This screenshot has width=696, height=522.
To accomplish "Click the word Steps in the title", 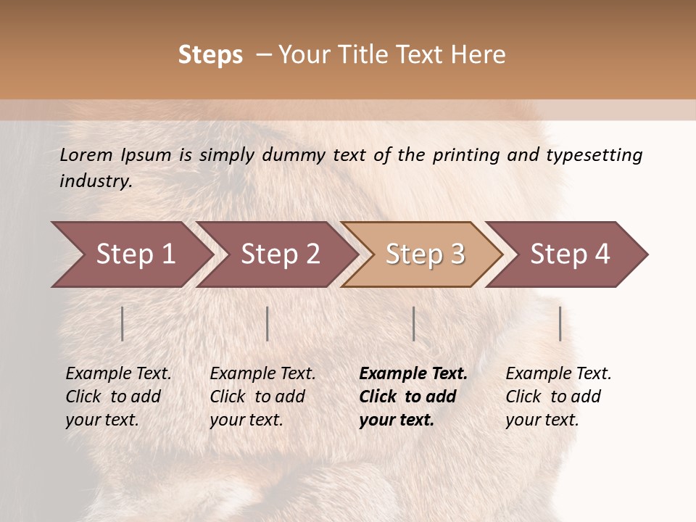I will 210,55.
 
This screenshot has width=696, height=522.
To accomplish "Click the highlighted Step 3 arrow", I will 425,254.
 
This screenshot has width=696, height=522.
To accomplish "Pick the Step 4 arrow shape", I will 570,254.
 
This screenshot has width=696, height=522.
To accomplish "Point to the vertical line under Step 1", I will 123,323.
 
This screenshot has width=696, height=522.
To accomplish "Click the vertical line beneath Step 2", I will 268,323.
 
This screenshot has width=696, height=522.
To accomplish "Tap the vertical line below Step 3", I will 414,323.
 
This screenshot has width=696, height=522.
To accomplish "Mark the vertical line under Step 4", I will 560,323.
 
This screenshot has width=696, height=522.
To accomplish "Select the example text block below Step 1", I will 118,396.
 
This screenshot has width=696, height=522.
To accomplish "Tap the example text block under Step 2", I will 262,396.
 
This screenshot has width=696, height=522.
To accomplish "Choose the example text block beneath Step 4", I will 558,396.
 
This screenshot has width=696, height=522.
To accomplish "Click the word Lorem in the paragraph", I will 86,155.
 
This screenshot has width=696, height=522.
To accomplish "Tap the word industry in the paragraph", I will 95,181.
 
